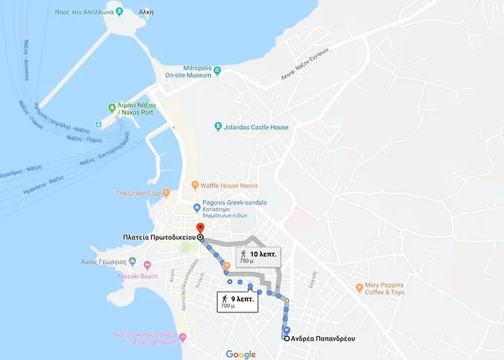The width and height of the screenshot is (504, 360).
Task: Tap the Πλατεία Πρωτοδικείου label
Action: [158, 237]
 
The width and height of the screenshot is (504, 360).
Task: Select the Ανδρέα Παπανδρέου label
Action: [324, 338]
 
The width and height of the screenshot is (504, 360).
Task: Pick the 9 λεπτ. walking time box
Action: [235, 301]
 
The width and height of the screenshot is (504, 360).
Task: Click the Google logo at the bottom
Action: [240, 354]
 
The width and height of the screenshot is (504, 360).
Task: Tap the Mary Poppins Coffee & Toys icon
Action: [359, 288]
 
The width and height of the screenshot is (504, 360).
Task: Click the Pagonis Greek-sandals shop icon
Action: [197, 208]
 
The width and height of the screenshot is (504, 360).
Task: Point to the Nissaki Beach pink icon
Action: [148, 266]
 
